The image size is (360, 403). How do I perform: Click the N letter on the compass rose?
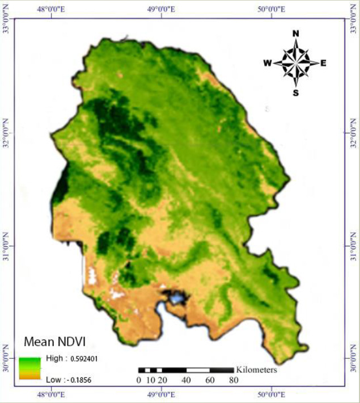click(x=295, y=33)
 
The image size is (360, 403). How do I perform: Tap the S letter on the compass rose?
click(x=295, y=93)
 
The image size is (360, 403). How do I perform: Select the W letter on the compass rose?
click(x=267, y=63)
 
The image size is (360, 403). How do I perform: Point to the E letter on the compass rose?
click(x=323, y=63)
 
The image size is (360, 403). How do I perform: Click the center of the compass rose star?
click(x=295, y=63)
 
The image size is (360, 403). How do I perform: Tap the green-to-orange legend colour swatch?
click(x=29, y=368)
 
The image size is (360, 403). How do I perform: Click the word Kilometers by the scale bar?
click(x=256, y=370)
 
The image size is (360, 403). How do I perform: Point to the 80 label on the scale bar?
click(x=234, y=380)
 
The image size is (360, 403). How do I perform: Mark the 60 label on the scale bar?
click(x=210, y=380)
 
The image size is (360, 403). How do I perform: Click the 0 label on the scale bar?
click(x=139, y=380)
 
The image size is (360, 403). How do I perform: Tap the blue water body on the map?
click(x=178, y=297)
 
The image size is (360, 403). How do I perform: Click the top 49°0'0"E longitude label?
click(x=161, y=9)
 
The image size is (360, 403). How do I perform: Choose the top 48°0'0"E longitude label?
click(x=52, y=9)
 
